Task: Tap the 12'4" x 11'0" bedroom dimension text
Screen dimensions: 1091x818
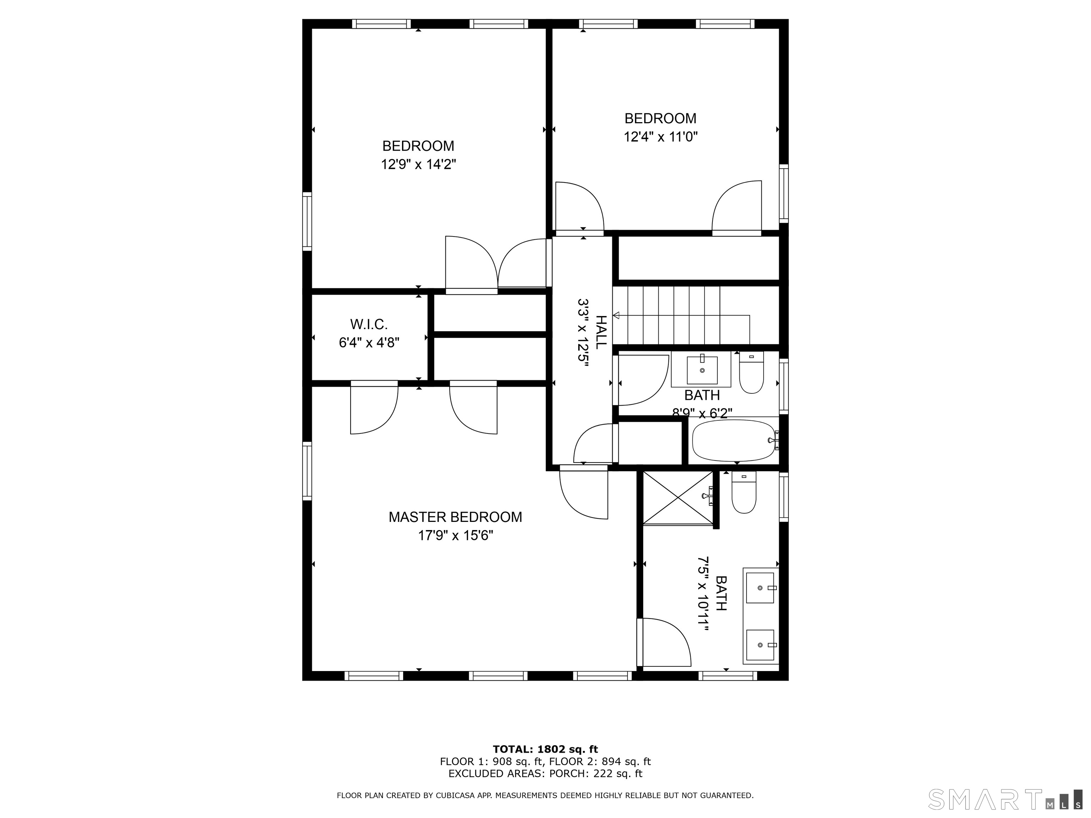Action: click(661, 137)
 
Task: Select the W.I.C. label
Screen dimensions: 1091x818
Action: click(369, 325)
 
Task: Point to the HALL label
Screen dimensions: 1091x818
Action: click(601, 332)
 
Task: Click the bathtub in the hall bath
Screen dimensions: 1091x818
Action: click(733, 440)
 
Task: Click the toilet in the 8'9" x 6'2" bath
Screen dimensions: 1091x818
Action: click(751, 372)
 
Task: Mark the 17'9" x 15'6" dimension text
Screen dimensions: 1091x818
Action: click(456, 535)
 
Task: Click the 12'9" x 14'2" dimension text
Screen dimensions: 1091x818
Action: click(418, 164)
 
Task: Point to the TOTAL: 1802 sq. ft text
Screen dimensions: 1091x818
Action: click(545, 750)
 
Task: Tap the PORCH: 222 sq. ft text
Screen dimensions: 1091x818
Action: click(596, 774)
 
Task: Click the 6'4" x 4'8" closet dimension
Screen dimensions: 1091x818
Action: click(369, 342)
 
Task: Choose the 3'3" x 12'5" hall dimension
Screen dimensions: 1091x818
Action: click(584, 332)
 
